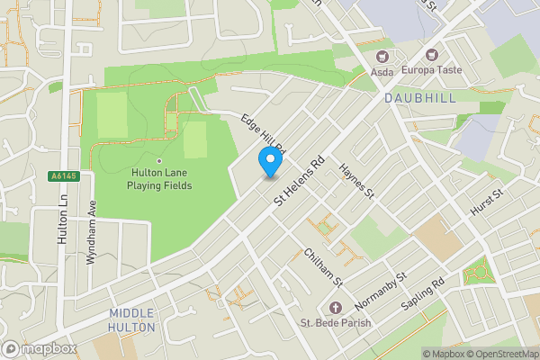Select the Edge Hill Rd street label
[263, 133]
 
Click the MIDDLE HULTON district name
[132, 319]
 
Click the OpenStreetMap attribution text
[501, 354]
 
